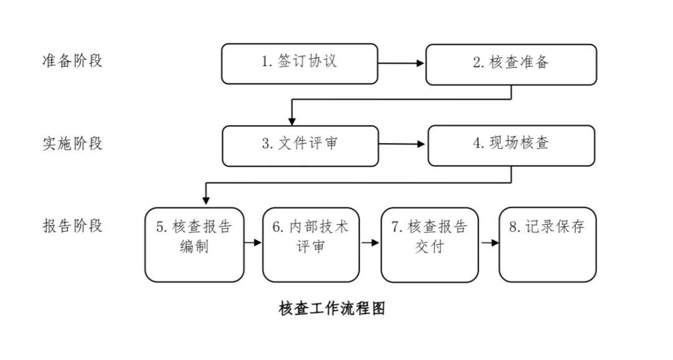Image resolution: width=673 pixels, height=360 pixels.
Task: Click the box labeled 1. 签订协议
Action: point(300,64)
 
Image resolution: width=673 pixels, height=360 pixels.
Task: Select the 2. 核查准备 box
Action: point(511,65)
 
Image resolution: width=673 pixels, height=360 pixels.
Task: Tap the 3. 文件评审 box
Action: point(300,146)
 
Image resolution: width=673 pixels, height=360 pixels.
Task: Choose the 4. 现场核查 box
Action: point(511,146)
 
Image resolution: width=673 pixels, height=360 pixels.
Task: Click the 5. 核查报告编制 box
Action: point(194,245)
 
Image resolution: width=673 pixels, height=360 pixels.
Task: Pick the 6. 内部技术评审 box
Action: point(311,245)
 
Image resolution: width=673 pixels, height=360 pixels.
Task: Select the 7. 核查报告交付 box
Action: point(429,245)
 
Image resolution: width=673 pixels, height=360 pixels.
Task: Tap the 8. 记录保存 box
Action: point(548,245)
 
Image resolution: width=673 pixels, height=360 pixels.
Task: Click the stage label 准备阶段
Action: point(72,60)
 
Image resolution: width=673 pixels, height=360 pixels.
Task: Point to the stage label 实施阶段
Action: point(72,143)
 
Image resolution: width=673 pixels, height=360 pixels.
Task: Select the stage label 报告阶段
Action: point(72,225)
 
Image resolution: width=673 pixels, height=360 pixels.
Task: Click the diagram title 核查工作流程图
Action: point(332,308)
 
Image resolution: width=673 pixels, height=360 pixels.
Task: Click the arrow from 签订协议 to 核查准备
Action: point(401,64)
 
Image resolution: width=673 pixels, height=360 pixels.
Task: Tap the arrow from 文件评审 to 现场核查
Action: point(402,144)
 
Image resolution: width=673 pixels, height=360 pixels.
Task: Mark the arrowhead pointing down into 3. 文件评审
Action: point(292,121)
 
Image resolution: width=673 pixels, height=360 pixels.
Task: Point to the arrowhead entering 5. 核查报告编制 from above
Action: point(206,200)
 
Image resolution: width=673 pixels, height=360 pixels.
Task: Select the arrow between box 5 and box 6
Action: point(253,242)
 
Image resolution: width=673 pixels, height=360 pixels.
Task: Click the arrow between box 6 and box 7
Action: point(370,242)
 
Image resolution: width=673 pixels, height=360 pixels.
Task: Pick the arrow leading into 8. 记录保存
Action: point(490,243)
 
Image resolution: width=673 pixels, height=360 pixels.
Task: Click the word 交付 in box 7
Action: point(429,247)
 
